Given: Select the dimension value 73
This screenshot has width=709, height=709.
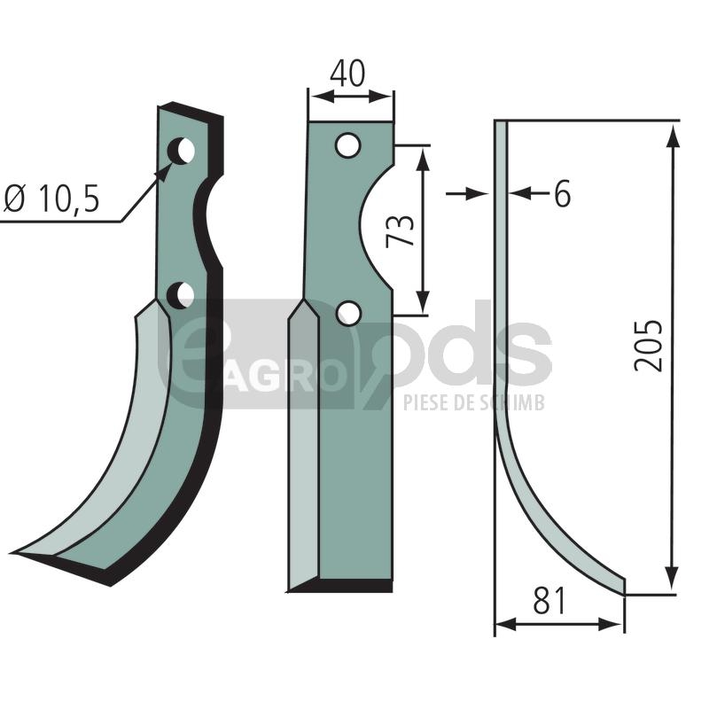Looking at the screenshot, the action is click(x=401, y=230).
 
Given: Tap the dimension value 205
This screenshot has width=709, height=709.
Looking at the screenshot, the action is click(x=648, y=346).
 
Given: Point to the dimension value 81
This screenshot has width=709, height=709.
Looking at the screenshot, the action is click(x=549, y=601).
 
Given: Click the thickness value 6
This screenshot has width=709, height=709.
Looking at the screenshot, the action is click(x=562, y=193).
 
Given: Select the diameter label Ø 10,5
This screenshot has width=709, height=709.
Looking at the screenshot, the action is click(x=51, y=199).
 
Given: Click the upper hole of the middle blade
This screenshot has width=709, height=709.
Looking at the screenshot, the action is click(x=347, y=145).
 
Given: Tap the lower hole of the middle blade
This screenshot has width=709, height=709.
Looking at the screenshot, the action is click(x=349, y=314).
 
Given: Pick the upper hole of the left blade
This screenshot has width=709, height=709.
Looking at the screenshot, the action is click(x=181, y=151).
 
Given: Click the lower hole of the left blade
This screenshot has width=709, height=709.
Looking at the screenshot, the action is click(x=181, y=296).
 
